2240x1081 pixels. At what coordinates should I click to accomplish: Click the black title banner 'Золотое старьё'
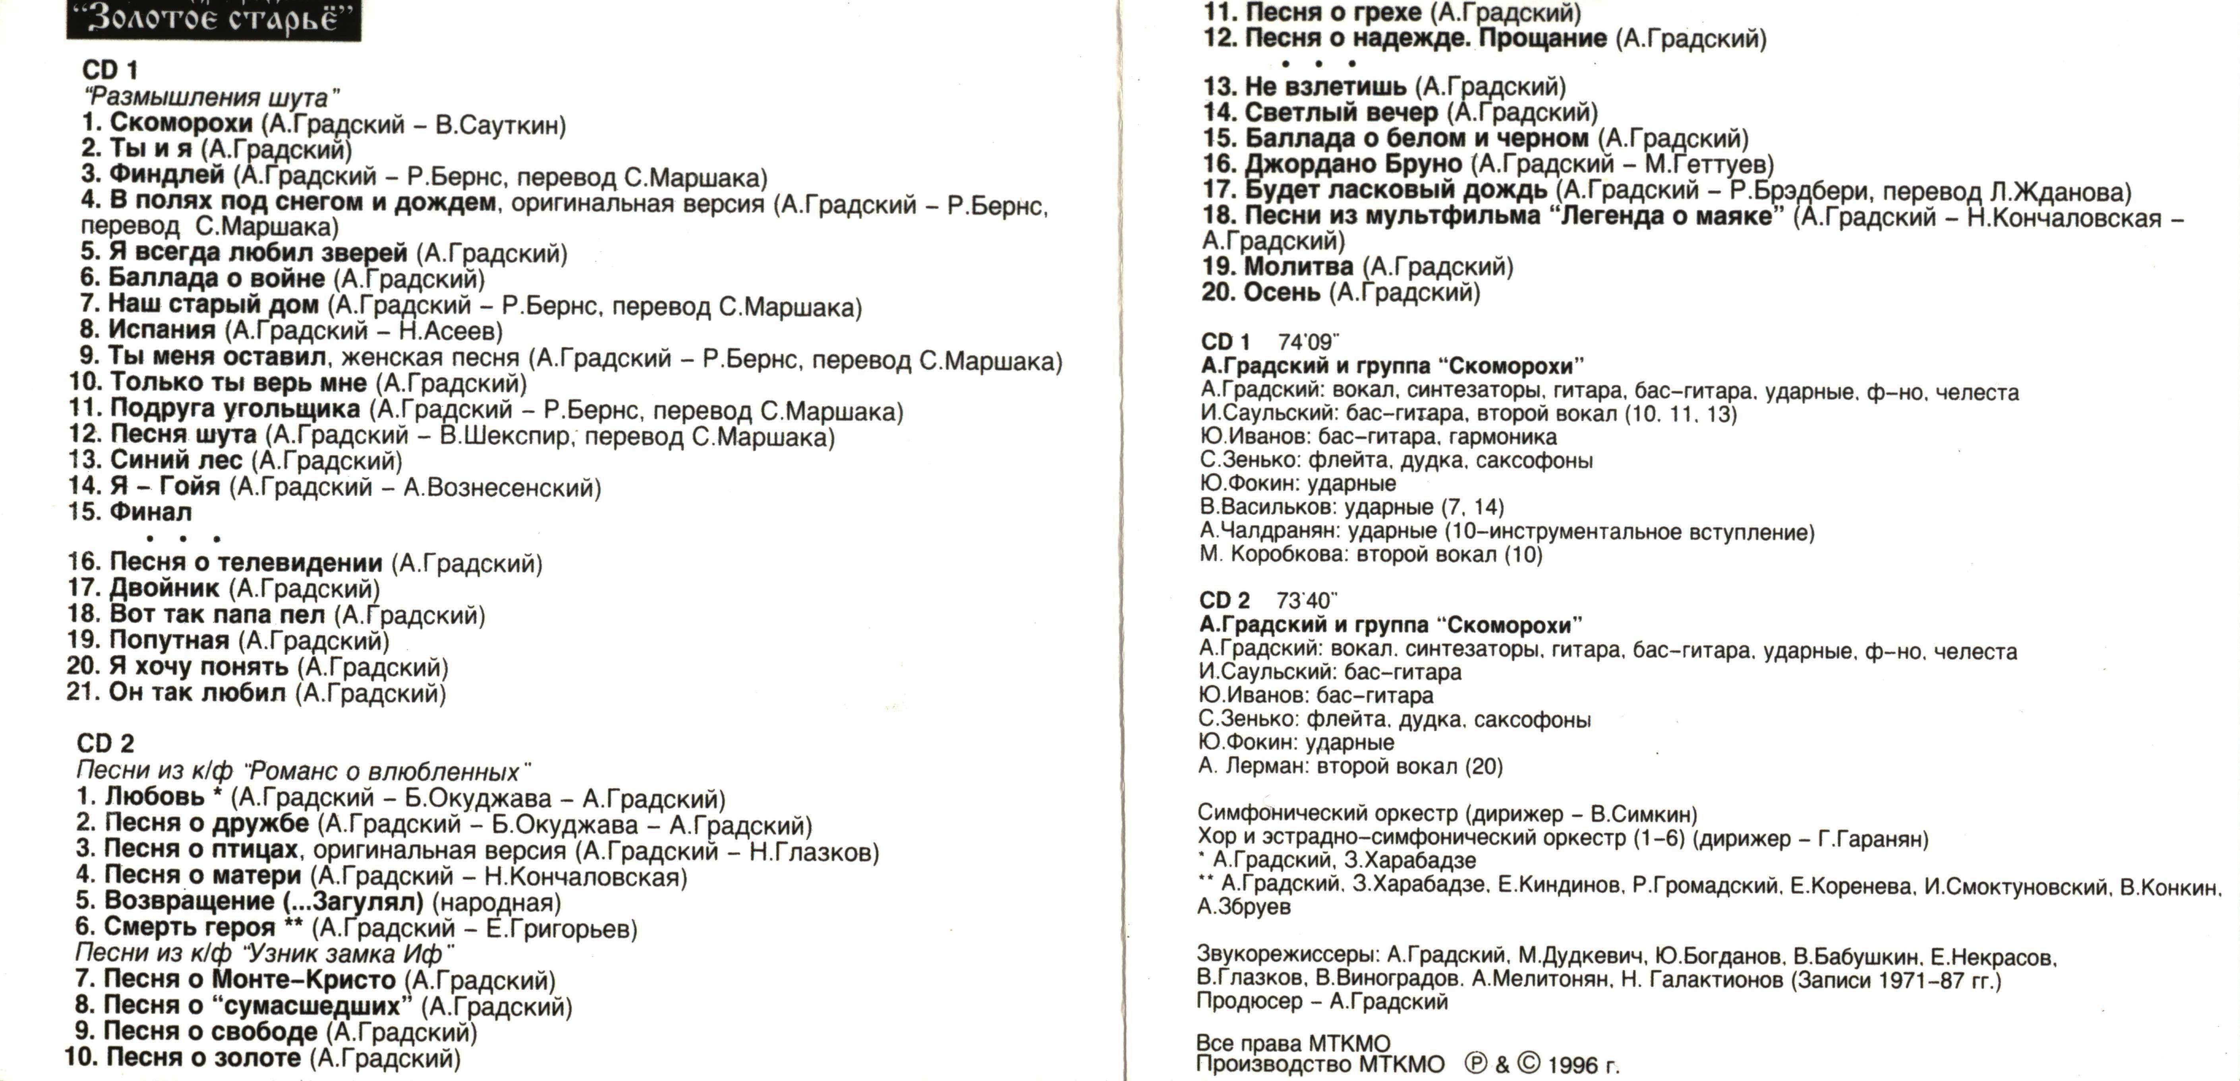[213, 19]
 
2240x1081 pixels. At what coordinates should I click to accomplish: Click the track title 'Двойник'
[164, 589]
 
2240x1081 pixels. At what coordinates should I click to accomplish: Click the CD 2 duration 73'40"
[1306, 601]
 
